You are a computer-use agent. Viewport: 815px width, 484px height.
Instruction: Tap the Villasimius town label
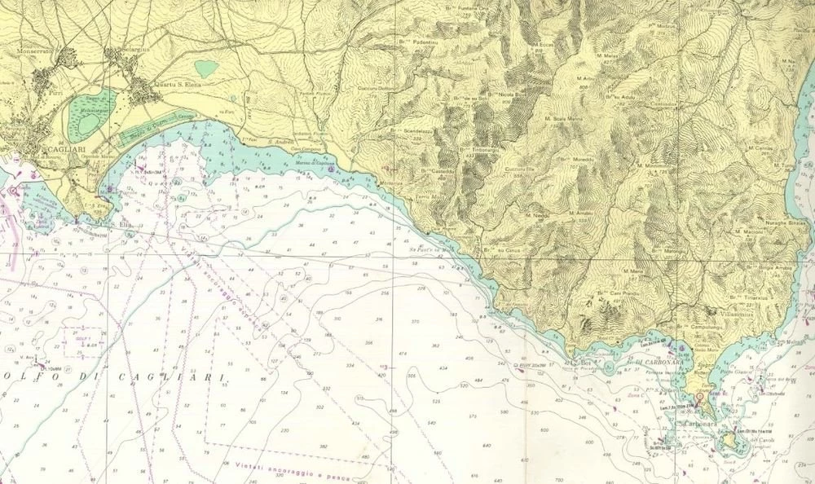(727, 312)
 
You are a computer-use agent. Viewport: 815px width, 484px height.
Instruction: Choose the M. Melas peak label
(615, 55)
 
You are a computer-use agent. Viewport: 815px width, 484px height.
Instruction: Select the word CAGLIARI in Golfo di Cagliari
(187, 376)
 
